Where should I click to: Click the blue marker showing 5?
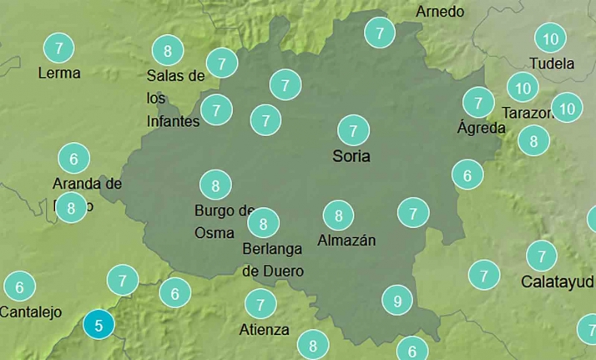coord(98,325)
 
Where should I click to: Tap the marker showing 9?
coord(397,301)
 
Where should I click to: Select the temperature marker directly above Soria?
coord(353,130)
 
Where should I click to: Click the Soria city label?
coord(351,156)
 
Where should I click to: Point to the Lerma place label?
coord(59,73)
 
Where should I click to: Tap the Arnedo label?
coord(440,12)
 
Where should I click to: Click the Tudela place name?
coord(552,63)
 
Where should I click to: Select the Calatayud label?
coord(558,281)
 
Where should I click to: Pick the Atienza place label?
coord(264,329)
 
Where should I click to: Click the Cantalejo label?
coord(31,312)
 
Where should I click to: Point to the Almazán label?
coord(346,241)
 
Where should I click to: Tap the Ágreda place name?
coord(482,128)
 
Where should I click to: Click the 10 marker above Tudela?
coord(550,38)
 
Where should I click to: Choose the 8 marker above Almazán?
coord(338,215)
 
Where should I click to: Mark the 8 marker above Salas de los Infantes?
coord(168,50)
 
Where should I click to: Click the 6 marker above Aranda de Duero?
coord(73,158)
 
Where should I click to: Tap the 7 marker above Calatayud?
coord(542,256)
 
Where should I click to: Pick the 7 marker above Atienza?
coord(260,304)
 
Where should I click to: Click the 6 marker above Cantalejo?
coord(19,287)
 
